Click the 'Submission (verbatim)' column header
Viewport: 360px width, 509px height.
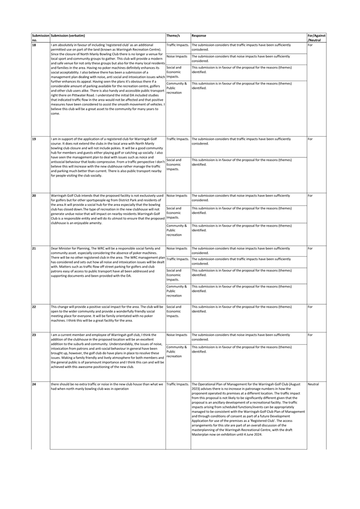pos(68,35)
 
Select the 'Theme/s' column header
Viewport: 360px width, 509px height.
pos(173,35)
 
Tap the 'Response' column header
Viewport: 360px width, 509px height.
pos(199,35)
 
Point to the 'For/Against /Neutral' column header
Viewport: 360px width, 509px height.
pos(316,37)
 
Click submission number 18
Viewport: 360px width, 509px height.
pos(34,45)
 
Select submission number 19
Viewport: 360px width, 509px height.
pos(34,139)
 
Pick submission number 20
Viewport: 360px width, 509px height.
pos(34,196)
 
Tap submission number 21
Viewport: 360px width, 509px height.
pos(34,249)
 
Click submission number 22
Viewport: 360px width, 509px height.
pos(34,307)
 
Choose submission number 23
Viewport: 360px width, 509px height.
pos(34,335)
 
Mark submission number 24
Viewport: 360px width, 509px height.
pos(34,384)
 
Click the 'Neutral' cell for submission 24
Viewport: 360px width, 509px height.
pos(313,384)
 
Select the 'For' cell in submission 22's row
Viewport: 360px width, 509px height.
pos(310,307)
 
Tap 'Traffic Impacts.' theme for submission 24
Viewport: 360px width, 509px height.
pos(178,384)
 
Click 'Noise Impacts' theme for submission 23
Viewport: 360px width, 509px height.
pos(177,335)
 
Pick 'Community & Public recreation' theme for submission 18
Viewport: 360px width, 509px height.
pos(177,88)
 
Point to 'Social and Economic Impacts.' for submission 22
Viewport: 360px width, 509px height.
pos(174,311)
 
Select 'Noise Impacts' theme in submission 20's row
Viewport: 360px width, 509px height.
pos(177,196)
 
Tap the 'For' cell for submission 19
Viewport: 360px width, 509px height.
pos(310,139)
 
